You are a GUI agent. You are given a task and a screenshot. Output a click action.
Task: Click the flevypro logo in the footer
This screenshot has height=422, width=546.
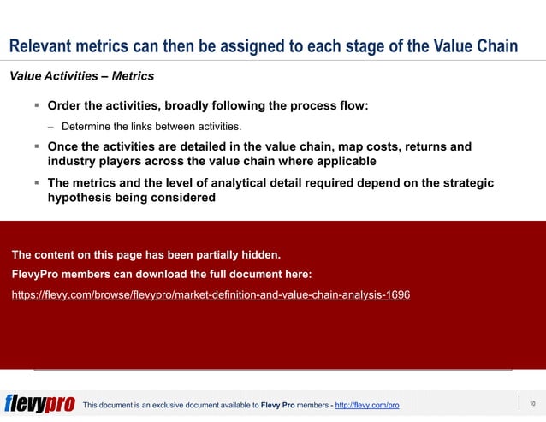click(39, 404)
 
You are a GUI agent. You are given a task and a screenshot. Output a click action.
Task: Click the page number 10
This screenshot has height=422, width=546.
click(532, 403)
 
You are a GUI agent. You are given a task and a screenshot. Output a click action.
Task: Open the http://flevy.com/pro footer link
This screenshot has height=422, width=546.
click(367, 405)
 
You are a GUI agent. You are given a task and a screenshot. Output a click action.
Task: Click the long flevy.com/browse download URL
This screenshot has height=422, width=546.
click(211, 294)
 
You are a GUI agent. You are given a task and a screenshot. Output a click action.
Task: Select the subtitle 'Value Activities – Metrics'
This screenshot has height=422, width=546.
click(81, 76)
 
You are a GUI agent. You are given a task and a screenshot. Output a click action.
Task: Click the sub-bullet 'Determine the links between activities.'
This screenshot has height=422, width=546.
click(151, 127)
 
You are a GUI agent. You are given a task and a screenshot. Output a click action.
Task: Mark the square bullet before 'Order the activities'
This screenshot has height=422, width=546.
click(37, 106)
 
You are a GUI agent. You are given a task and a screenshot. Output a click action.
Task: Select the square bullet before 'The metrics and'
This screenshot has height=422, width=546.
click(37, 183)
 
